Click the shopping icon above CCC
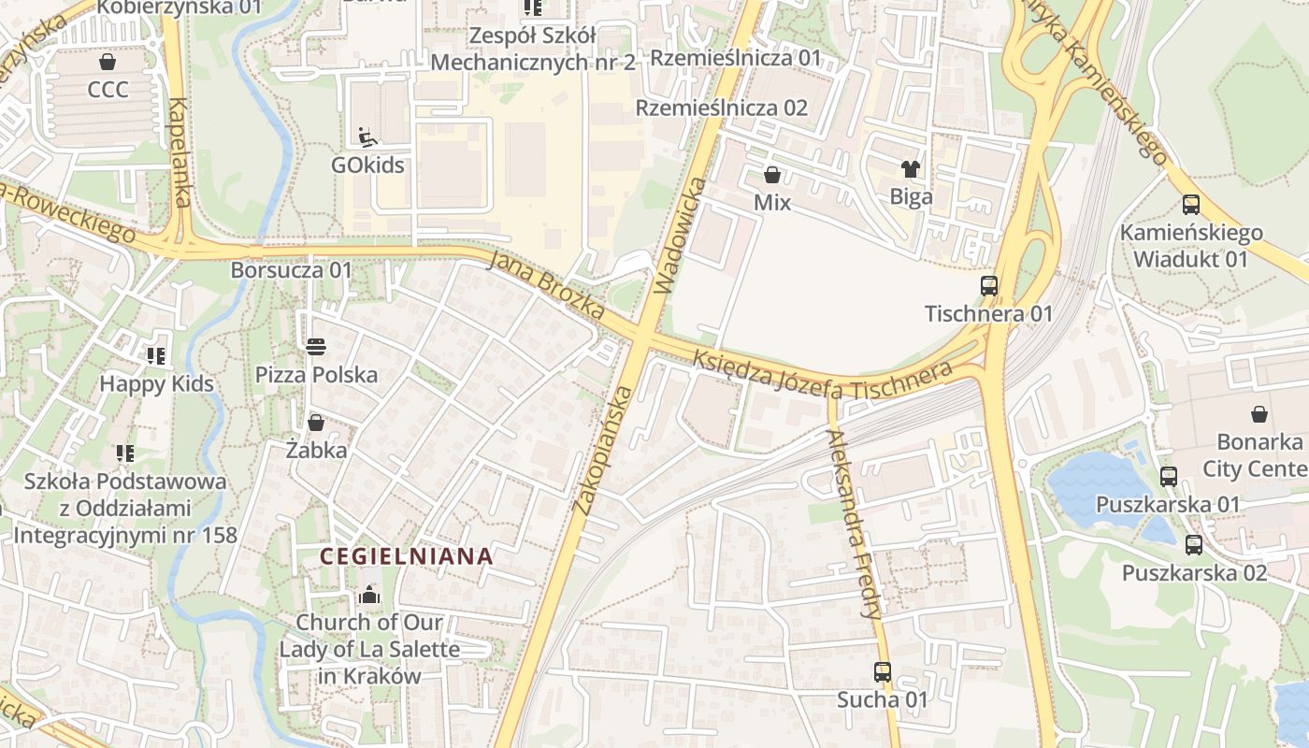tap(108, 62)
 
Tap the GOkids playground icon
tap(367, 137)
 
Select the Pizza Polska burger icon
tap(316, 347)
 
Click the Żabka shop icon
tap(316, 423)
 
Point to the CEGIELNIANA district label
tap(406, 556)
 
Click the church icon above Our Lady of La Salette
tap(369, 595)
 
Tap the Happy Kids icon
tap(156, 355)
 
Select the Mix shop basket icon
tap(772, 175)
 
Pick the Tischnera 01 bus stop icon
tap(989, 286)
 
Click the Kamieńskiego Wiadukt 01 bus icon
tap(1190, 205)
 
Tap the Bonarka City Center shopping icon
tap(1259, 414)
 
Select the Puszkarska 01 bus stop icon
tap(1168, 477)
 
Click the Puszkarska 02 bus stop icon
tap(1194, 545)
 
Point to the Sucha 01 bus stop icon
tap(882, 671)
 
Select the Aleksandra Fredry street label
tap(855, 512)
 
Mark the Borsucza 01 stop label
tap(292, 270)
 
